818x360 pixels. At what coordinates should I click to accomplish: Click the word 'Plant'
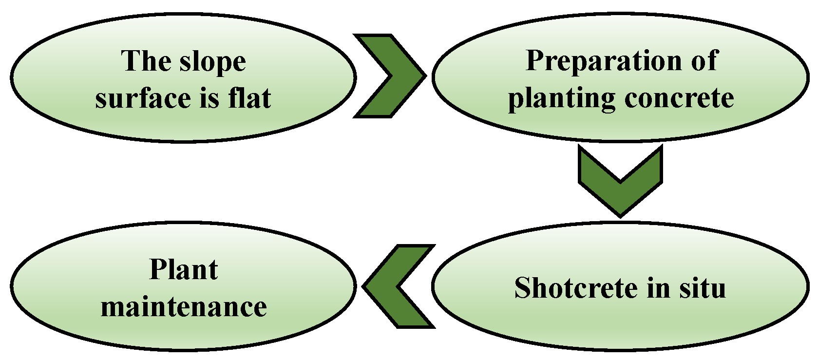click(183, 269)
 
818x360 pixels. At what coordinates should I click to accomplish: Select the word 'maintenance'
click(184, 307)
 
